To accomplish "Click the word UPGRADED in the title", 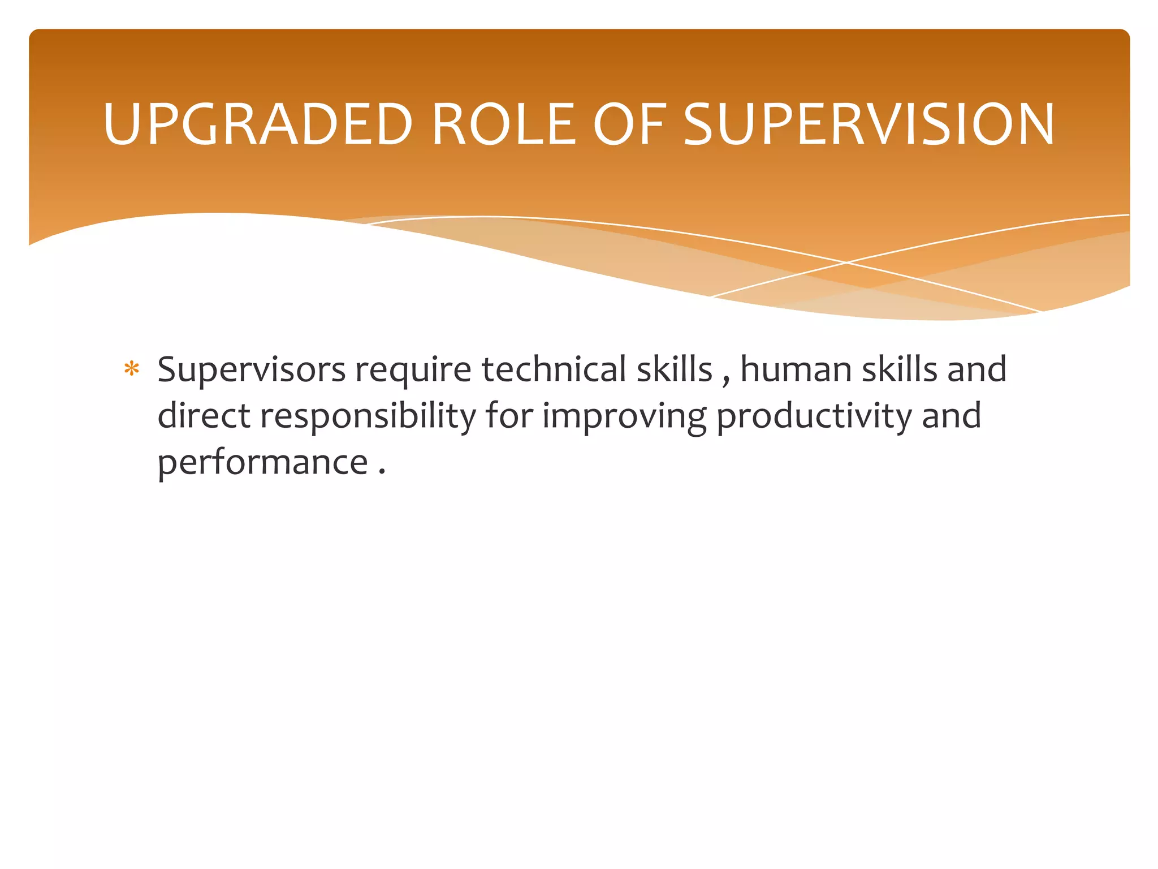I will (x=258, y=124).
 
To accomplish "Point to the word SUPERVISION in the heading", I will (x=868, y=124).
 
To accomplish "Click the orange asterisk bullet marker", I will (x=132, y=369).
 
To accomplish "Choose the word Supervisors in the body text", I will (x=251, y=370).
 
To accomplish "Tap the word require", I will (x=413, y=370).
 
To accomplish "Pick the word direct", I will (x=204, y=416).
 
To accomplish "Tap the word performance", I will (x=262, y=463).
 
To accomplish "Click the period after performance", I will (x=382, y=472).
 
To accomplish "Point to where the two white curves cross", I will (x=847, y=263).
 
